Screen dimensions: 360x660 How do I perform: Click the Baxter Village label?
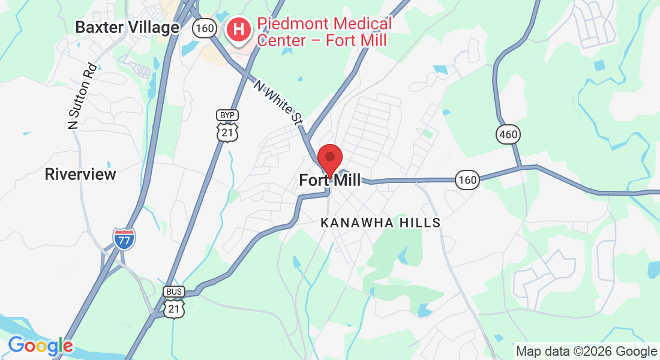tap(127, 28)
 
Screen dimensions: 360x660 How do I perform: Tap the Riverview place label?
tap(80, 175)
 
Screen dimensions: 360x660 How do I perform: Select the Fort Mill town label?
tap(330, 180)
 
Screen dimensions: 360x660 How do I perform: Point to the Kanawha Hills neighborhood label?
tap(380, 223)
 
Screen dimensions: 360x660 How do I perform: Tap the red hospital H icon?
tap(238, 29)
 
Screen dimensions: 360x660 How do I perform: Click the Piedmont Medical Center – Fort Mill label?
tap(324, 32)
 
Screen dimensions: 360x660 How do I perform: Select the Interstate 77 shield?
tap(124, 238)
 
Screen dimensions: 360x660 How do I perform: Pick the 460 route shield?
tap(508, 134)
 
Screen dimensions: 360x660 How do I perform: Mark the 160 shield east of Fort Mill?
tap(467, 179)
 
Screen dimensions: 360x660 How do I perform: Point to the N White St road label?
tap(278, 102)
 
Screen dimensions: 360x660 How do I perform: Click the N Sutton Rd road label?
tap(82, 97)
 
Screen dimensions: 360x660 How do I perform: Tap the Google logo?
tap(40, 346)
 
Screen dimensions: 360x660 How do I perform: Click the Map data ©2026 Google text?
tap(587, 352)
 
